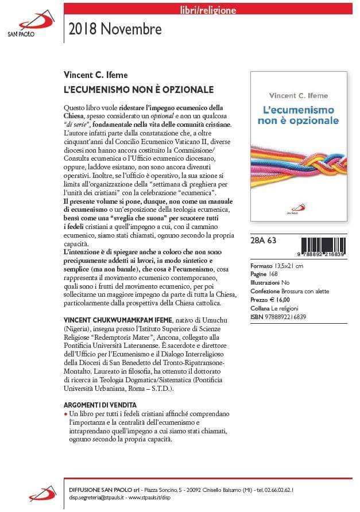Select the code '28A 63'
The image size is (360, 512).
[x=264, y=241]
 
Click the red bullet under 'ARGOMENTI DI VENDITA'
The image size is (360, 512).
[x=65, y=413]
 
